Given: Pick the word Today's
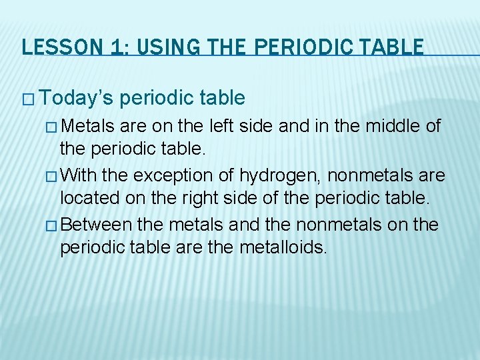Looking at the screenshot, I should point(75,99).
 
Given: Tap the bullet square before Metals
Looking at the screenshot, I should point(53,127).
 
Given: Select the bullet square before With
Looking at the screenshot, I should point(53,176).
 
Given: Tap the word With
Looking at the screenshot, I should point(82,175).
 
